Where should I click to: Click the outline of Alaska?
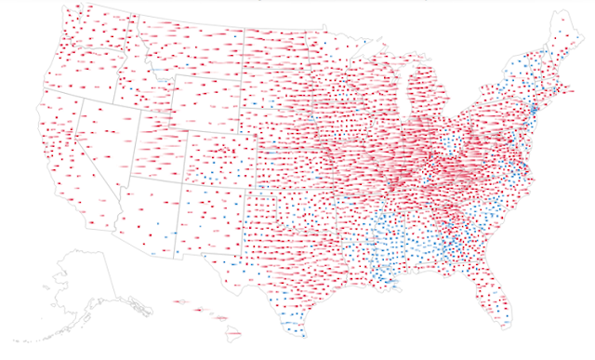coord(84,279)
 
